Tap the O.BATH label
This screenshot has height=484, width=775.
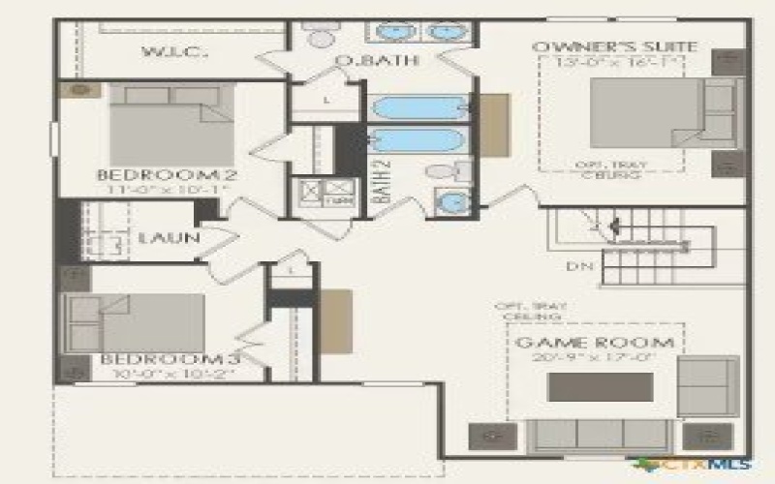click(x=363, y=62)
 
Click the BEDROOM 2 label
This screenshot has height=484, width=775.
click(x=168, y=175)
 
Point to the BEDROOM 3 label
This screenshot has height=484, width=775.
click(x=170, y=360)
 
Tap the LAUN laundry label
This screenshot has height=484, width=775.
click(x=169, y=237)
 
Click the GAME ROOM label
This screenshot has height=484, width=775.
click(x=595, y=343)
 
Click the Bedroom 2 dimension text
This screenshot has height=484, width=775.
click(x=166, y=190)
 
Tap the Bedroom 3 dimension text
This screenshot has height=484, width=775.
click(x=168, y=375)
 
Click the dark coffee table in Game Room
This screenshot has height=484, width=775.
click(x=600, y=386)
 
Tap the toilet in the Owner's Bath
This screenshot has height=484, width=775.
click(x=317, y=36)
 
